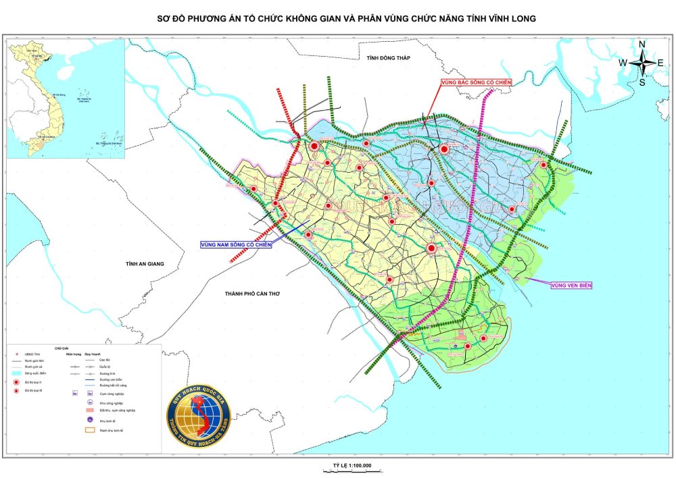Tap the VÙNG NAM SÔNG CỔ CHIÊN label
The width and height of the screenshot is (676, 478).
pyautogui.click(x=235, y=244)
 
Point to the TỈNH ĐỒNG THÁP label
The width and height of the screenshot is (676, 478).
pyautogui.click(x=389, y=59)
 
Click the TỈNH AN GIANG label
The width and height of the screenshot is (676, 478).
pyautogui.click(x=145, y=264)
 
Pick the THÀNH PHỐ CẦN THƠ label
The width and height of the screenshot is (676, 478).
pyautogui.click(x=252, y=294)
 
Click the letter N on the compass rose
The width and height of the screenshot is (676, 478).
pyautogui.click(x=642, y=45)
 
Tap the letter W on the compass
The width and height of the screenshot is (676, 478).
pyautogui.click(x=623, y=63)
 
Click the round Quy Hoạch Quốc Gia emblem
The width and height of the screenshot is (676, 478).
pyautogui.click(x=199, y=415)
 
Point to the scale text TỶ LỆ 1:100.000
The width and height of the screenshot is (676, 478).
pyautogui.click(x=352, y=465)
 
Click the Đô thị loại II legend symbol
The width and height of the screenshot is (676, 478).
pyautogui.click(x=17, y=382)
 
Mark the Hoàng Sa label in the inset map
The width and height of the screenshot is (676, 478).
pyautogui.click(x=82, y=100)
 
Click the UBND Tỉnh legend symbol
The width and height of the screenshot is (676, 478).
pyautogui.click(x=17, y=354)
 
